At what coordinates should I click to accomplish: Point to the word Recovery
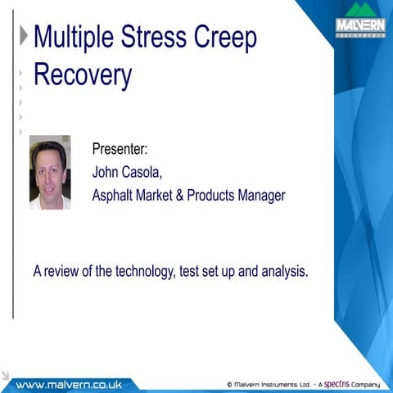click(82, 75)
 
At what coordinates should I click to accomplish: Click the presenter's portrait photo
click(50, 172)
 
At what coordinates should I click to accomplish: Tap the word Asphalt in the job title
click(115, 195)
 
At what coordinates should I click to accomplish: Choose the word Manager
click(260, 195)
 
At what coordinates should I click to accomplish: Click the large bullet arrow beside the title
click(23, 36)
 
